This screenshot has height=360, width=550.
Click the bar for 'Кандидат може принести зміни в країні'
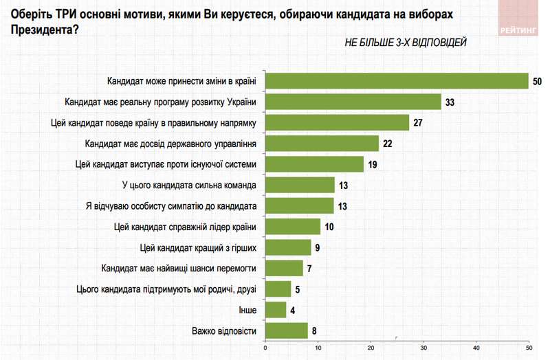click(x=397, y=81)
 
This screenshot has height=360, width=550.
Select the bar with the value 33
click(x=353, y=102)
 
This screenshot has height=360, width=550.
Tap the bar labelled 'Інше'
click(x=276, y=310)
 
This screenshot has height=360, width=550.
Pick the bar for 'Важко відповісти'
click(x=287, y=331)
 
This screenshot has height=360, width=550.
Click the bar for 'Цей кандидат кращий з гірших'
click(x=289, y=247)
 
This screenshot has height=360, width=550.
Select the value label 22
click(x=388, y=144)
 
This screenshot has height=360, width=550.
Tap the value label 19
click(x=373, y=164)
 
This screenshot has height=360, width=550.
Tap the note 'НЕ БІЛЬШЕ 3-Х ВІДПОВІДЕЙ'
click(x=406, y=43)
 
